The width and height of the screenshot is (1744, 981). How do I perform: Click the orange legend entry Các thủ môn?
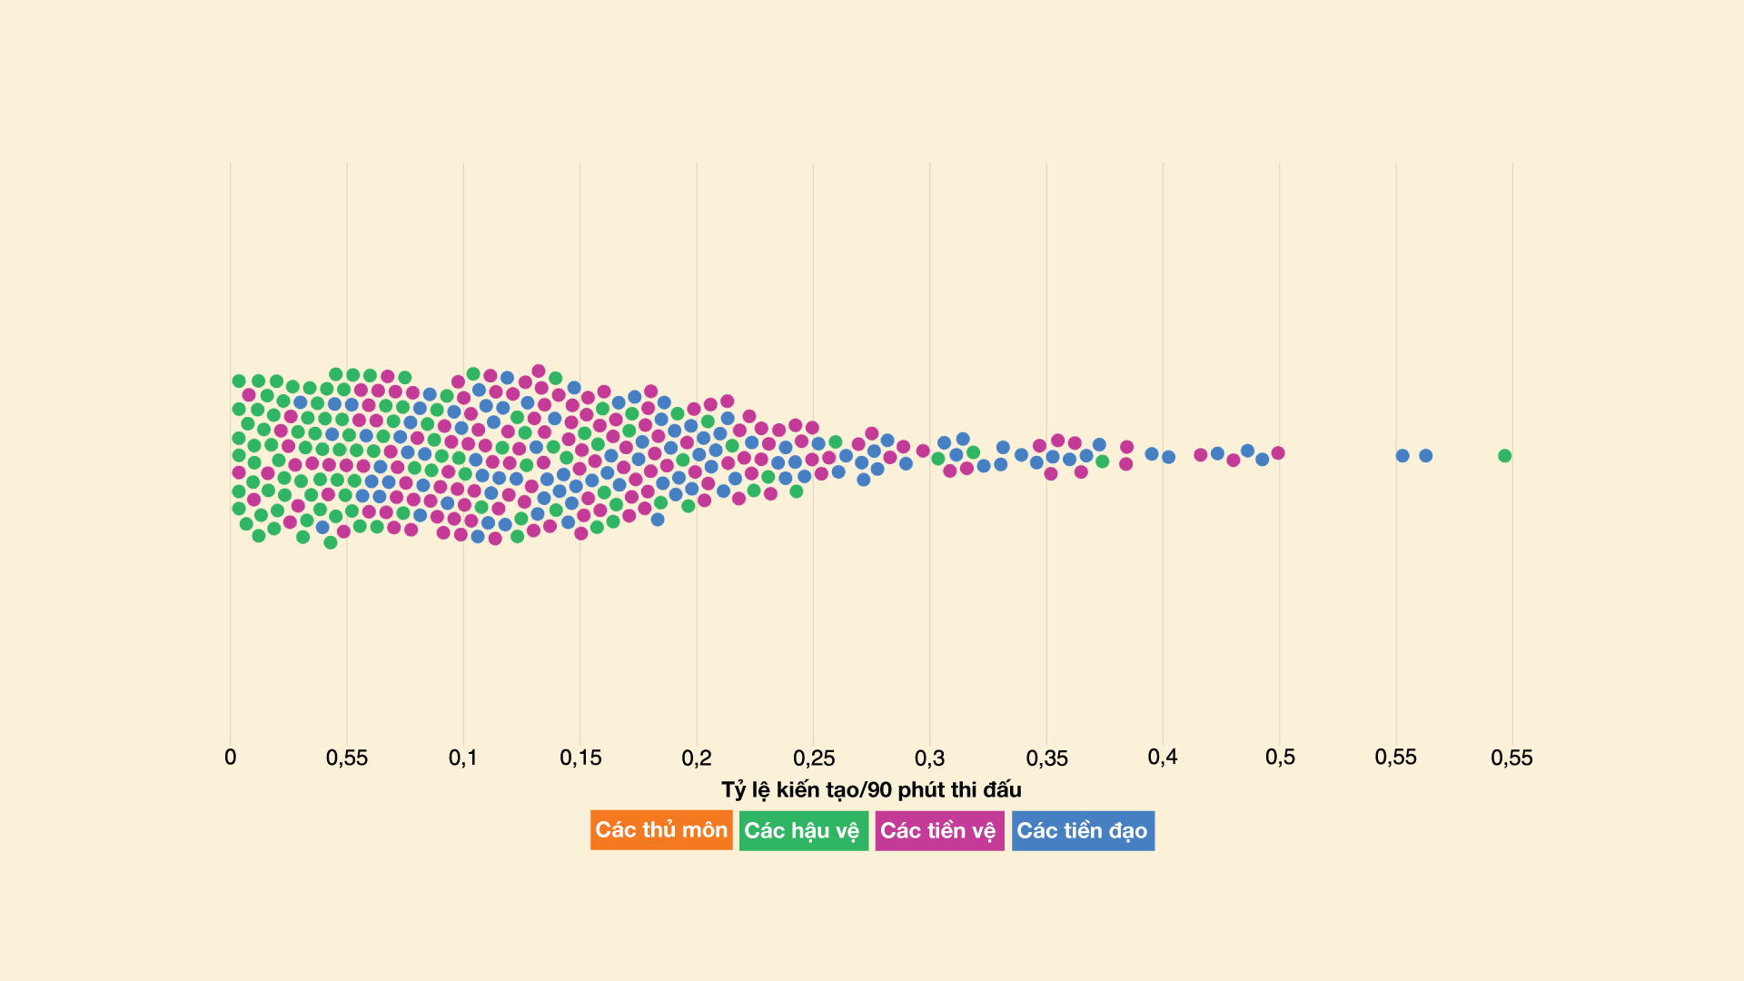pos(661,830)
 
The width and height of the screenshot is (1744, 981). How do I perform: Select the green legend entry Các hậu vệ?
pos(803,830)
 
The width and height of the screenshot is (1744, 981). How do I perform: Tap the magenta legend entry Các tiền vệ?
pos(939,830)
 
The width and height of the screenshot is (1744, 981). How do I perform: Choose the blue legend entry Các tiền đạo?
pos(1083,830)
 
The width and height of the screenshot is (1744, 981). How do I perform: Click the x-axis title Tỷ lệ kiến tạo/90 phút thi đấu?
pos(871,789)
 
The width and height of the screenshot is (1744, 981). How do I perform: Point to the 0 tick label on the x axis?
pos(230,758)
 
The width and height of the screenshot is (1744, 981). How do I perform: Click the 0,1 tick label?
pos(463,758)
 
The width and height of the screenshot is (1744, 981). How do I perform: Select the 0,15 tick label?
pos(580,758)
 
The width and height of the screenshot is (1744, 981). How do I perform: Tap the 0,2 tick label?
pos(697,758)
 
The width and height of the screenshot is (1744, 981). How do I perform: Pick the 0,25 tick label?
pos(814,758)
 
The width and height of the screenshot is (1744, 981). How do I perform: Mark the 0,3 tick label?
pos(929,758)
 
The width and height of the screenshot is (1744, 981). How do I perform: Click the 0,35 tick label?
pos(1046,758)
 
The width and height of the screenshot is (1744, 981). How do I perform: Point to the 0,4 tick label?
pos(1163,758)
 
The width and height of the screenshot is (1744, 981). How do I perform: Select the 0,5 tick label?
pos(1280,758)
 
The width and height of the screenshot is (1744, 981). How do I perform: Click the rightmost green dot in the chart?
pos(1504,456)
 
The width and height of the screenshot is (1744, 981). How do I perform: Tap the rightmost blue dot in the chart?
pos(1426,456)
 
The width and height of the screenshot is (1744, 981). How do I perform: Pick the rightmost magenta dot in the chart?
pos(1278,453)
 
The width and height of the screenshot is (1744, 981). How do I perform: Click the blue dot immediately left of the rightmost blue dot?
pos(1402,456)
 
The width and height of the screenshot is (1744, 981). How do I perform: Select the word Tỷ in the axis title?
pos(733,789)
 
